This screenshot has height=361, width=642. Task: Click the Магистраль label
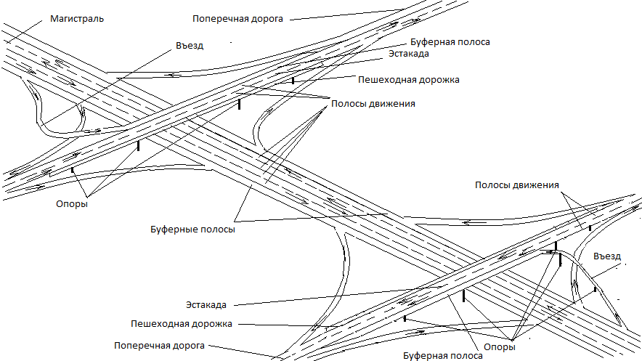coord(77,19)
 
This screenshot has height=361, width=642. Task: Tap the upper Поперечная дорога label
coord(237,19)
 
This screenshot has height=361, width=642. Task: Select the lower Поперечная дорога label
coord(159,346)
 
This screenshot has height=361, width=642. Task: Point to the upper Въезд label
coord(190,46)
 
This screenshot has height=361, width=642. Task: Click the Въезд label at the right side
coord(607,256)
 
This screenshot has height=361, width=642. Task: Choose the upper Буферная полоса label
coord(450,42)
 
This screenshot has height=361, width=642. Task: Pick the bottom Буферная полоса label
coord(442,356)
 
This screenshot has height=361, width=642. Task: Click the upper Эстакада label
coord(409,54)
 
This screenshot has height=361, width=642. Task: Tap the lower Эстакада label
coord(206,305)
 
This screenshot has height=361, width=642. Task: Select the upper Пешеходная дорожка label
coord(409,80)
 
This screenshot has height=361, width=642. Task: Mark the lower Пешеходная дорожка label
coord(182,324)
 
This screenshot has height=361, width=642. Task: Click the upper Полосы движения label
coord(373,104)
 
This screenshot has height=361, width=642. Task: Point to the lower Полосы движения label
coord(516,185)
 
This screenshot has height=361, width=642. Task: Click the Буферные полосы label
coord(192,230)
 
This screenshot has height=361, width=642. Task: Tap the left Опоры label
coord(72,204)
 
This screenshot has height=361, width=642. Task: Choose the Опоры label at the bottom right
coord(500,347)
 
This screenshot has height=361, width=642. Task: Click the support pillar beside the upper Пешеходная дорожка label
coord(293,81)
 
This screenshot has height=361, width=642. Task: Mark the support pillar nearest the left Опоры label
coord(73,169)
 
